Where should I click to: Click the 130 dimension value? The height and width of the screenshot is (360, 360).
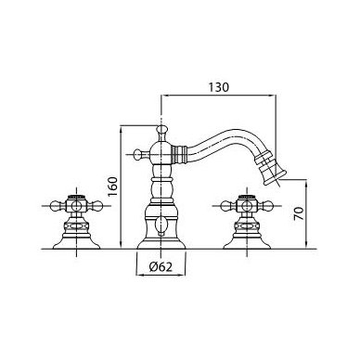[x=218, y=87]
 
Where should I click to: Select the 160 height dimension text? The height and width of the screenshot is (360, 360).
[x=112, y=186]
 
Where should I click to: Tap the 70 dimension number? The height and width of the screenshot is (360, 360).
[x=299, y=213]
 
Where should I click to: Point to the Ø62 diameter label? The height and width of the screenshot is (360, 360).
[x=161, y=266]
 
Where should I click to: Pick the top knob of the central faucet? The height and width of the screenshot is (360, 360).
[x=161, y=129]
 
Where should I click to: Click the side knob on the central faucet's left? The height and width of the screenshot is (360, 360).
[x=139, y=154]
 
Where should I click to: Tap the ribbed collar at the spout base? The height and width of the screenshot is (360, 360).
[x=179, y=154]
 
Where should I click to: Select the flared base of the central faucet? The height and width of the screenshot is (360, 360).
[x=161, y=244]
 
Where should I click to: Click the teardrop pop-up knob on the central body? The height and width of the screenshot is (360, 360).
[x=161, y=225]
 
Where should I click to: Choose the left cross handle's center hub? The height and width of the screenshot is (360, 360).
[x=76, y=206]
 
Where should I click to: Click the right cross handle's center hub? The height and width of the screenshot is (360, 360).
[x=247, y=206]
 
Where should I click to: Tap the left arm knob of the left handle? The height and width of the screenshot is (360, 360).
[x=57, y=206]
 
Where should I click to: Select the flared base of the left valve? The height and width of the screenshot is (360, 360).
[x=76, y=243]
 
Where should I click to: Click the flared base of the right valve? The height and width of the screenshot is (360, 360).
[x=247, y=243]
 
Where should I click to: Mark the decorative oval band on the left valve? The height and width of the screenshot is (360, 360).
[x=76, y=226]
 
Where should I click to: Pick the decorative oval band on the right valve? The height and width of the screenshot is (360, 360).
[x=247, y=226]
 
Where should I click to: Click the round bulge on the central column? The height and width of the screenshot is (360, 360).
[x=161, y=188]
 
